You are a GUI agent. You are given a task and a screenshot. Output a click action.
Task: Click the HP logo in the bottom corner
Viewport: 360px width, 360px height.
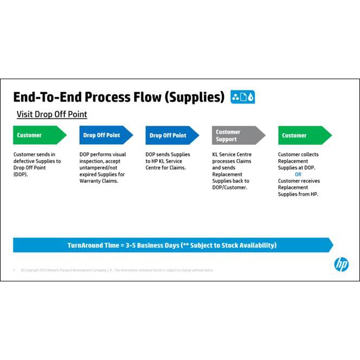click(341, 264)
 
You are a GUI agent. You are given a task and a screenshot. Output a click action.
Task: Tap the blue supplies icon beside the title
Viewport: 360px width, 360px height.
click(242, 97)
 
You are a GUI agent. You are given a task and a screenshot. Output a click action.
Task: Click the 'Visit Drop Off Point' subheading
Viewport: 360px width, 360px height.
click(52, 114)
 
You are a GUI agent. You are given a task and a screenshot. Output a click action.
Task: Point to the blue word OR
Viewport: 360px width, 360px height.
click(298, 175)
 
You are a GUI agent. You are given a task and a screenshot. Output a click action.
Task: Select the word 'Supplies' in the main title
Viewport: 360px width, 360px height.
click(195, 97)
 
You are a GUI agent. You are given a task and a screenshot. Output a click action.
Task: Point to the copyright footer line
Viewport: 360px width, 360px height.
click(117, 270)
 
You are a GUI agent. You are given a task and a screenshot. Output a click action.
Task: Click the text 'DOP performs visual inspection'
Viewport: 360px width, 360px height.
click(102, 158)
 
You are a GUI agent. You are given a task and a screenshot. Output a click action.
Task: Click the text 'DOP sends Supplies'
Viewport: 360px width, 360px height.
click(168, 155)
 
